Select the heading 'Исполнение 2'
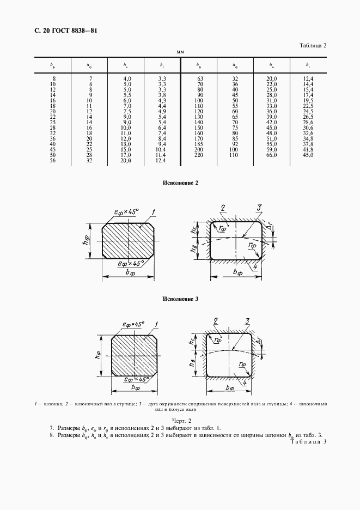tap(180, 183)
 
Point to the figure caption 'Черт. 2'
tap(179, 421)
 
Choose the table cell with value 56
tap(52, 160)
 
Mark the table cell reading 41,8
tap(308, 149)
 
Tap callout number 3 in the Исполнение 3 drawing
tap(247, 321)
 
